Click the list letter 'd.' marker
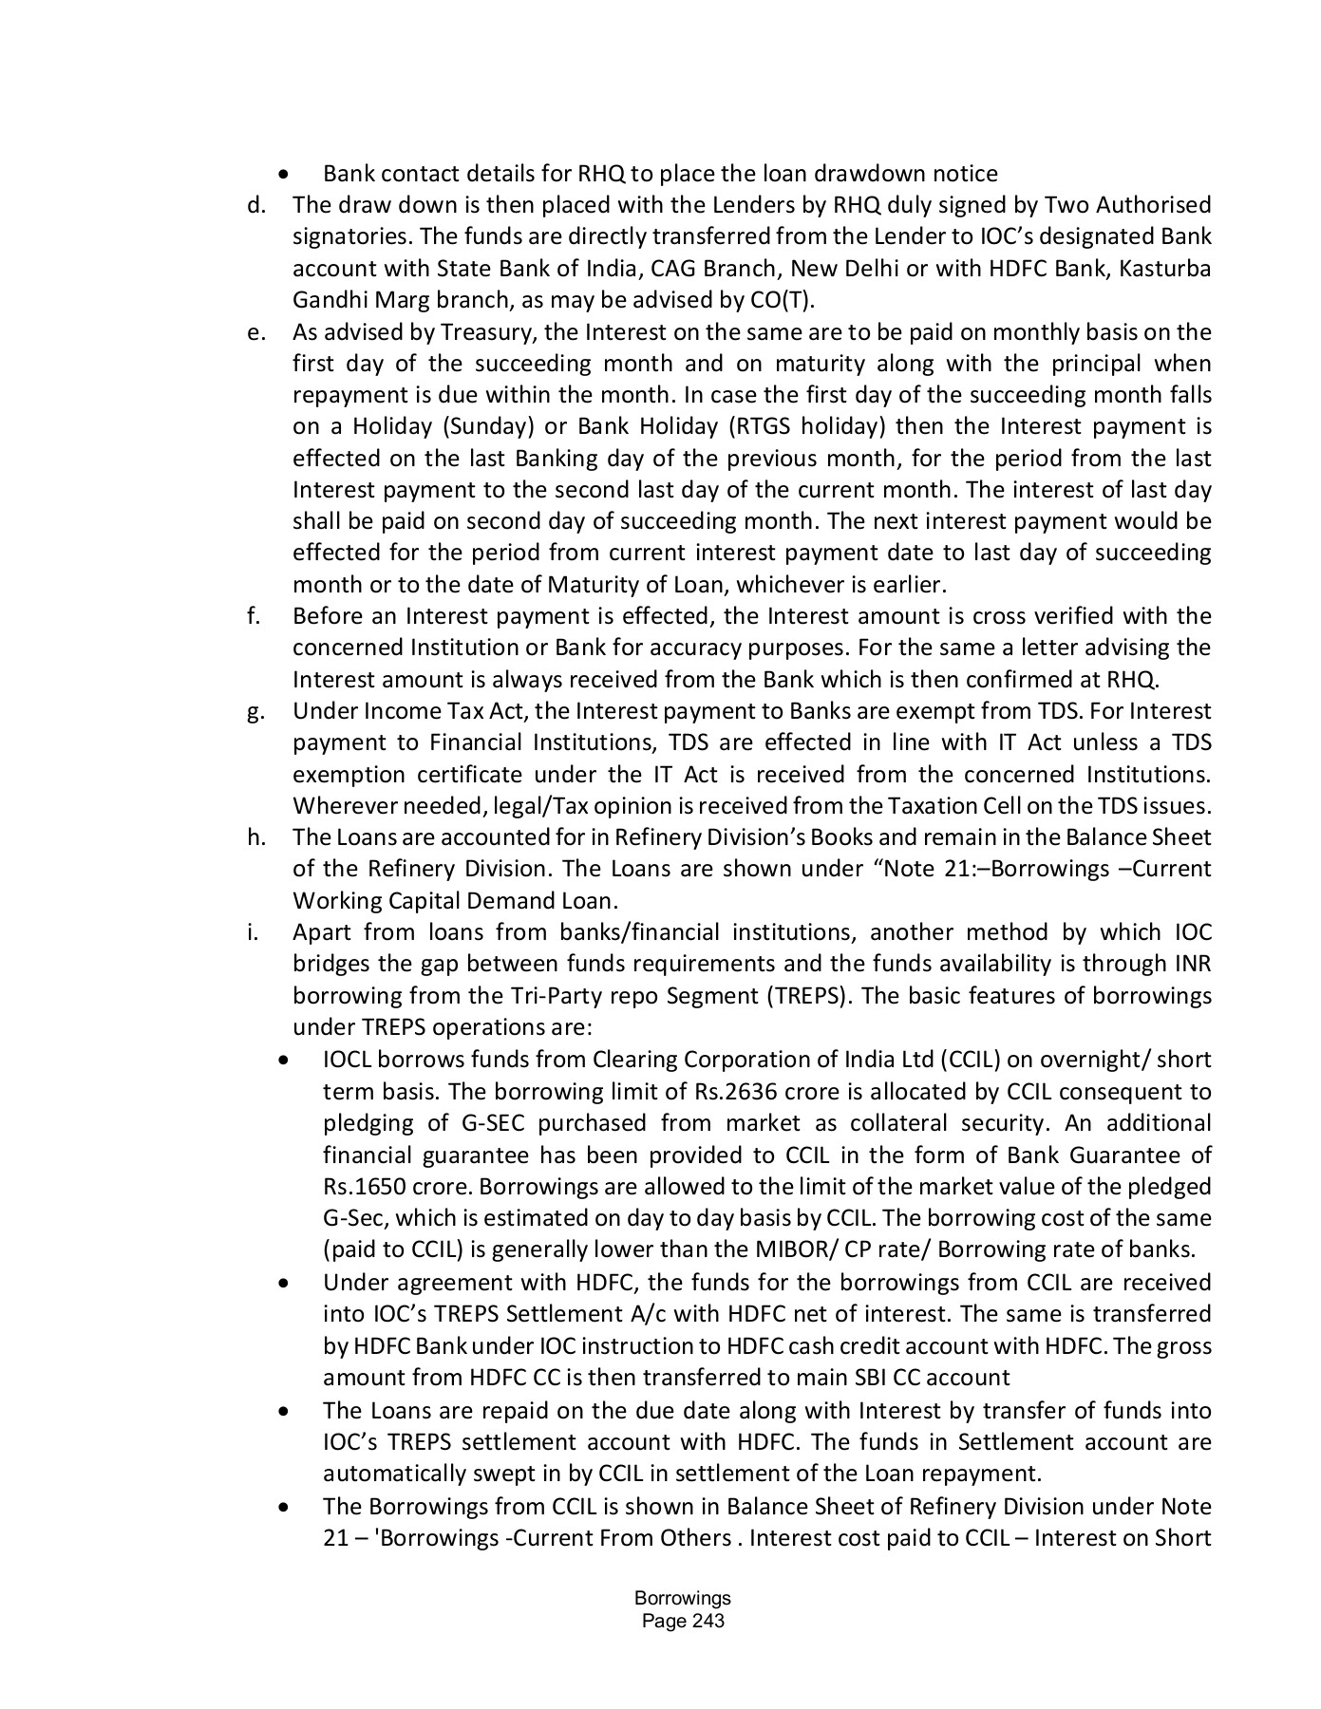coord(255,205)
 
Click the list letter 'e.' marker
coord(255,332)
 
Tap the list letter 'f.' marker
coord(253,616)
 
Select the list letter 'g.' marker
coord(255,712)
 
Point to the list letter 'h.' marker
coord(255,837)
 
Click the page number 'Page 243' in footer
coord(683,1621)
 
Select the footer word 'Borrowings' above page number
coord(683,1598)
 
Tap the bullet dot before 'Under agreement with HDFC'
coord(284,1284)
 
